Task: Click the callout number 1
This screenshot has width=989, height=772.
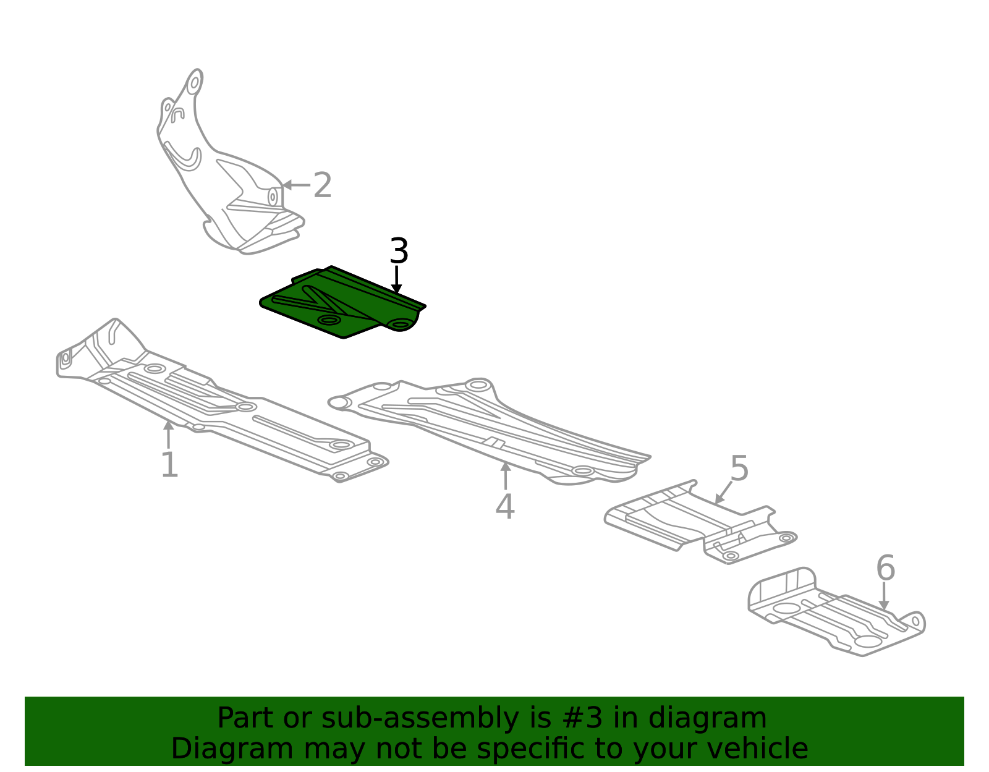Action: [169, 464]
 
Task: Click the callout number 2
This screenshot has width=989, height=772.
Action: [322, 185]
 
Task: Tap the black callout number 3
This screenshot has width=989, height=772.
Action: [399, 251]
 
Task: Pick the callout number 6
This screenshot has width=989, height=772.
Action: [886, 568]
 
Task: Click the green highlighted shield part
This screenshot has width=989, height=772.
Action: [342, 302]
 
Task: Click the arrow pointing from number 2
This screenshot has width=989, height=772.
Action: [296, 185]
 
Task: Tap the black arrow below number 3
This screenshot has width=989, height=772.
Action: [396, 280]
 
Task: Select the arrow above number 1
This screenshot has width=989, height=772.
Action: [168, 435]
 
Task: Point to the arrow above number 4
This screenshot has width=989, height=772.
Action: [505, 476]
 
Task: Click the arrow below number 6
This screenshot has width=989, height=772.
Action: [884, 596]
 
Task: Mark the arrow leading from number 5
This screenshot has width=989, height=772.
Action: [724, 492]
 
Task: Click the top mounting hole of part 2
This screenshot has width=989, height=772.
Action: [195, 83]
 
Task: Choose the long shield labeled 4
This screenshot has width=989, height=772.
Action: [490, 431]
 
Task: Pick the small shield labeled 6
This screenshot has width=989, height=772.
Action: [836, 612]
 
